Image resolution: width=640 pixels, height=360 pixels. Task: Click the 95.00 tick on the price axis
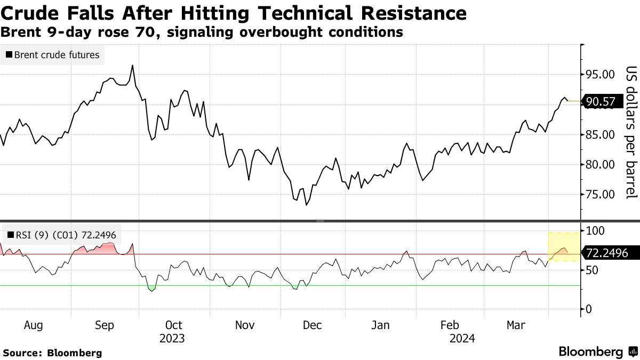tap(600, 75)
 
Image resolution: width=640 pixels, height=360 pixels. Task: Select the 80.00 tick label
tap(600, 164)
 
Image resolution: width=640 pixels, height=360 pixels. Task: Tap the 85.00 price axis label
tap(600, 134)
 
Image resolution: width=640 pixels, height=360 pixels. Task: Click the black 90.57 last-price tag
tap(600, 101)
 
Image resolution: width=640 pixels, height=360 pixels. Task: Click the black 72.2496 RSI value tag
tap(605, 253)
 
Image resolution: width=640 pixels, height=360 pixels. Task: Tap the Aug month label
tap(34, 325)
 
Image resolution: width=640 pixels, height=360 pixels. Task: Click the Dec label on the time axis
tap(312, 325)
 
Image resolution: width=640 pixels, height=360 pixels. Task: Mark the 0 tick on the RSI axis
tap(589, 309)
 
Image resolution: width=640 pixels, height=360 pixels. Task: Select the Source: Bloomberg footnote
tap(52, 353)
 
